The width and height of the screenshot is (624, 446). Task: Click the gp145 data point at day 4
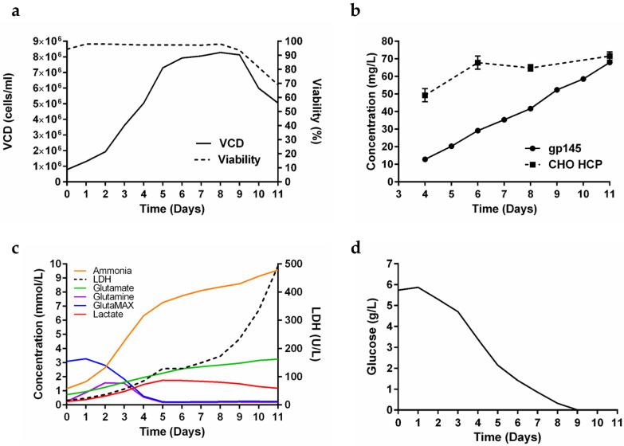point(426,159)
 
